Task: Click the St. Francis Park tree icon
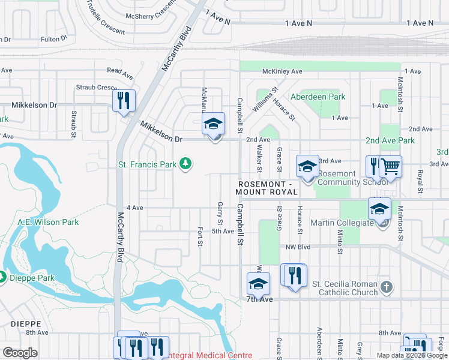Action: click(x=186, y=163)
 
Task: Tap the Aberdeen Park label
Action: click(x=318, y=97)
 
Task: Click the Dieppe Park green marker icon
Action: click(x=2, y=278)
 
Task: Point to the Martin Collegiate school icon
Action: click(x=379, y=209)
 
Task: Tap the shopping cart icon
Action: click(x=390, y=167)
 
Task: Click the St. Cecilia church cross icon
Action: click(x=386, y=287)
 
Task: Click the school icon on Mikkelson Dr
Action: click(x=213, y=124)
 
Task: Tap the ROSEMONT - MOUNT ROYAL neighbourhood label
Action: click(x=267, y=188)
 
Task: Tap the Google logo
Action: click(x=20, y=353)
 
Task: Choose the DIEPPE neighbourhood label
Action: click(x=25, y=323)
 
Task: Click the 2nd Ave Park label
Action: click(x=390, y=140)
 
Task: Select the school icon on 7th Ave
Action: click(x=258, y=284)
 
